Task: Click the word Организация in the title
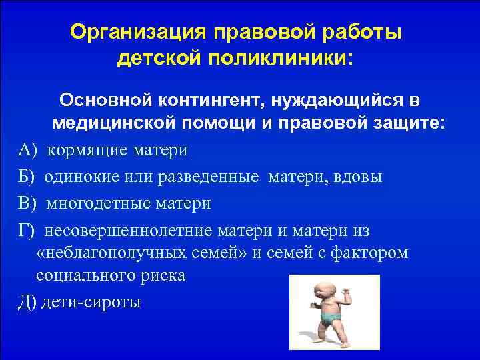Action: tap(131, 32)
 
